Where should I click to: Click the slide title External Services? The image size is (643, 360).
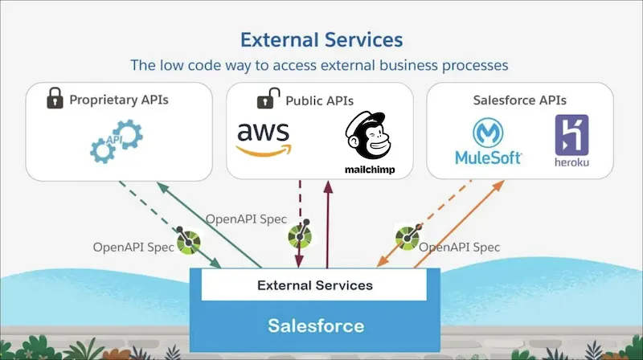pyautogui.click(x=321, y=39)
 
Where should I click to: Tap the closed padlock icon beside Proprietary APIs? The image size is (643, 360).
pyautogui.click(x=55, y=100)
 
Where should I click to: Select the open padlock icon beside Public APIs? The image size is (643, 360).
pyautogui.click(x=268, y=100)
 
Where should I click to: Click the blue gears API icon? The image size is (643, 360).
pyautogui.click(x=117, y=139)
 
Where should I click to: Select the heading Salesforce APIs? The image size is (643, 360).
pyautogui.click(x=520, y=100)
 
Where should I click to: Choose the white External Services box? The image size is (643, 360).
pyautogui.click(x=314, y=285)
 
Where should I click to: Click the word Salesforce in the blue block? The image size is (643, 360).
pyautogui.click(x=315, y=326)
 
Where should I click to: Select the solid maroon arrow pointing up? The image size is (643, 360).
pyautogui.click(x=327, y=225)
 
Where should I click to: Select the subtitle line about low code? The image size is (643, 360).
pyautogui.click(x=320, y=64)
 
